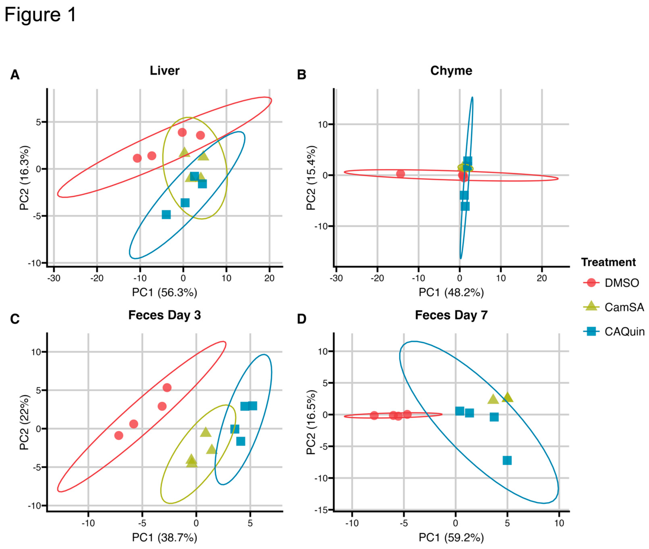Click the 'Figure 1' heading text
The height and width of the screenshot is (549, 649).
[x=40, y=15]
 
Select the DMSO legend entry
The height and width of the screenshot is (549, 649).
[x=621, y=283]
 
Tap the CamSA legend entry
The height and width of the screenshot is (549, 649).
[x=624, y=307]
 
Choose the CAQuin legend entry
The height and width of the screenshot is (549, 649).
[x=624, y=331]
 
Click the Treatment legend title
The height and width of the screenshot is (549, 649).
[x=608, y=262]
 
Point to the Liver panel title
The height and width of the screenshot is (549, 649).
[x=164, y=71]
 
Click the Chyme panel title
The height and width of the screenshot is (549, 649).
[x=451, y=71]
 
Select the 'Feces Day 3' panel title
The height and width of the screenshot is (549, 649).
[x=164, y=315]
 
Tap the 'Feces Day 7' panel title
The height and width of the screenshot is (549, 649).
[x=451, y=315]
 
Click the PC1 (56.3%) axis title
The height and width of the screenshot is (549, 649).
[x=164, y=292]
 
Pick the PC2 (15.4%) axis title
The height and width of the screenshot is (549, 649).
[x=311, y=178]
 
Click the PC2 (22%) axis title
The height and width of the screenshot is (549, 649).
[x=24, y=422]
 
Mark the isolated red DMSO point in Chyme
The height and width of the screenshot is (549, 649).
[x=400, y=174]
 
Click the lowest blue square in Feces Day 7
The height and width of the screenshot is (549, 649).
[x=507, y=460]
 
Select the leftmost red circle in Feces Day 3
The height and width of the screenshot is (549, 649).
[x=119, y=435]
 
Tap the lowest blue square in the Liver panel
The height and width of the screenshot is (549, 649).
[x=166, y=214]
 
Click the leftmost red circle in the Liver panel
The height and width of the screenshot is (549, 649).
[x=137, y=158]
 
